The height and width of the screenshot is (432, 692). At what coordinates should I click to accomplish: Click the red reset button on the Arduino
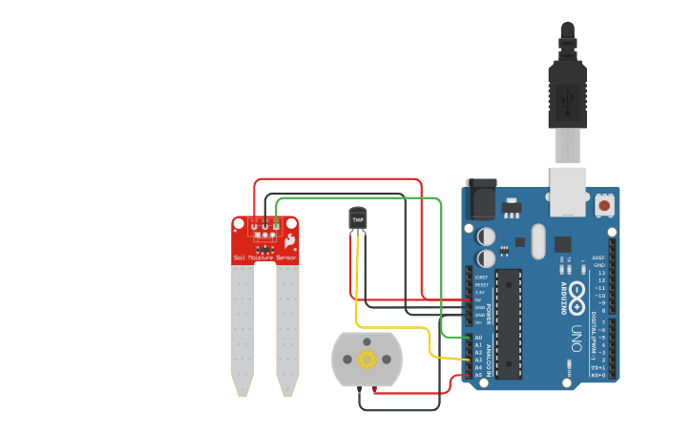tap(604, 204)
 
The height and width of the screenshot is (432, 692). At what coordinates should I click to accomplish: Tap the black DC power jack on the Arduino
tap(479, 201)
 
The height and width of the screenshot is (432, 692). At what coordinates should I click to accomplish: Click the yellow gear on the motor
tap(367, 360)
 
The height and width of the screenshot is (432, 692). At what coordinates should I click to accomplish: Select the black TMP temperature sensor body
tap(358, 220)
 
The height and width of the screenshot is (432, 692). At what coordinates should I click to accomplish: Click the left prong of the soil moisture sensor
tap(242, 329)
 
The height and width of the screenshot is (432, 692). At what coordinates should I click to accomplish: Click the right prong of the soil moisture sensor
tap(287, 329)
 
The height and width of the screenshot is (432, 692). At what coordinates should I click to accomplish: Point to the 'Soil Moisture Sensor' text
tap(264, 258)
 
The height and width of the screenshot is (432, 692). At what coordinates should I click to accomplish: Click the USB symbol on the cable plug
tap(567, 97)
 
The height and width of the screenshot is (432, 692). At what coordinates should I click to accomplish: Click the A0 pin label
tap(478, 338)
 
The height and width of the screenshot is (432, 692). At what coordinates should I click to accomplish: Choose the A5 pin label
tap(478, 375)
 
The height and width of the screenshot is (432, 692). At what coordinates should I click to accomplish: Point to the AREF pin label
tap(598, 257)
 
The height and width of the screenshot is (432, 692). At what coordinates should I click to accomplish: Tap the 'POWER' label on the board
tap(490, 315)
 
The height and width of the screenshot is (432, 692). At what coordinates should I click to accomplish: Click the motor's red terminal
tap(374, 388)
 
